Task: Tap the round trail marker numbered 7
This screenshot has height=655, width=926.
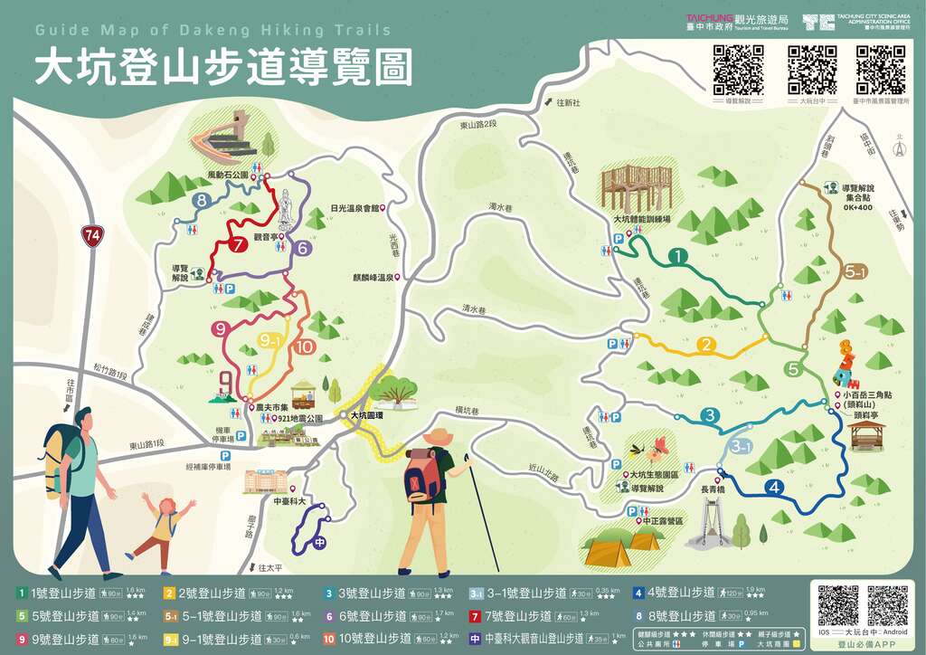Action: coord(238,243)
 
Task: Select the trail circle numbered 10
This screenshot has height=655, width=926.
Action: coord(305,346)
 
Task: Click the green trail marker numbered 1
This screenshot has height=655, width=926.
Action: coord(676,257)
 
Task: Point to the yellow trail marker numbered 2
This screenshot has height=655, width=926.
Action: coord(706,345)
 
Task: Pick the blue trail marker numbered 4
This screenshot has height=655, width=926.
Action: coord(773,487)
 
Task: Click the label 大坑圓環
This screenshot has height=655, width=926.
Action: coord(367,415)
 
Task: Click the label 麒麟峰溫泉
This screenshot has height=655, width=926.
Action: coord(372,278)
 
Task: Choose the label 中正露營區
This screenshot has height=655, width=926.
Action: coord(663,521)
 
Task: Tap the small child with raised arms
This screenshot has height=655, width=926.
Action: coord(163,525)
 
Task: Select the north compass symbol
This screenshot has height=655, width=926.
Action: coord(899,148)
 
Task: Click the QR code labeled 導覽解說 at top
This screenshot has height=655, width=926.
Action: coord(738,69)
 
